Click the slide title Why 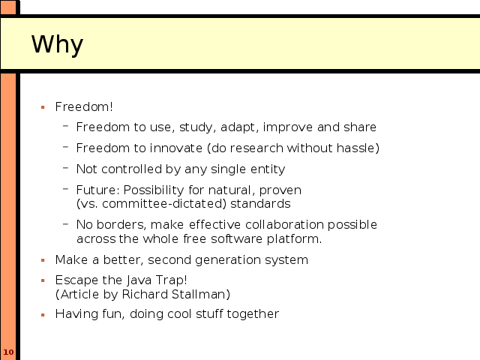click(x=57, y=45)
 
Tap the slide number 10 click(x=8, y=352)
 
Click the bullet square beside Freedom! click(x=43, y=107)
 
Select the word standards click(x=260, y=203)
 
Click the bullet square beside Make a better click(x=43, y=260)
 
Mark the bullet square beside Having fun click(x=43, y=314)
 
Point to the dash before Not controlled click(x=65, y=168)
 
